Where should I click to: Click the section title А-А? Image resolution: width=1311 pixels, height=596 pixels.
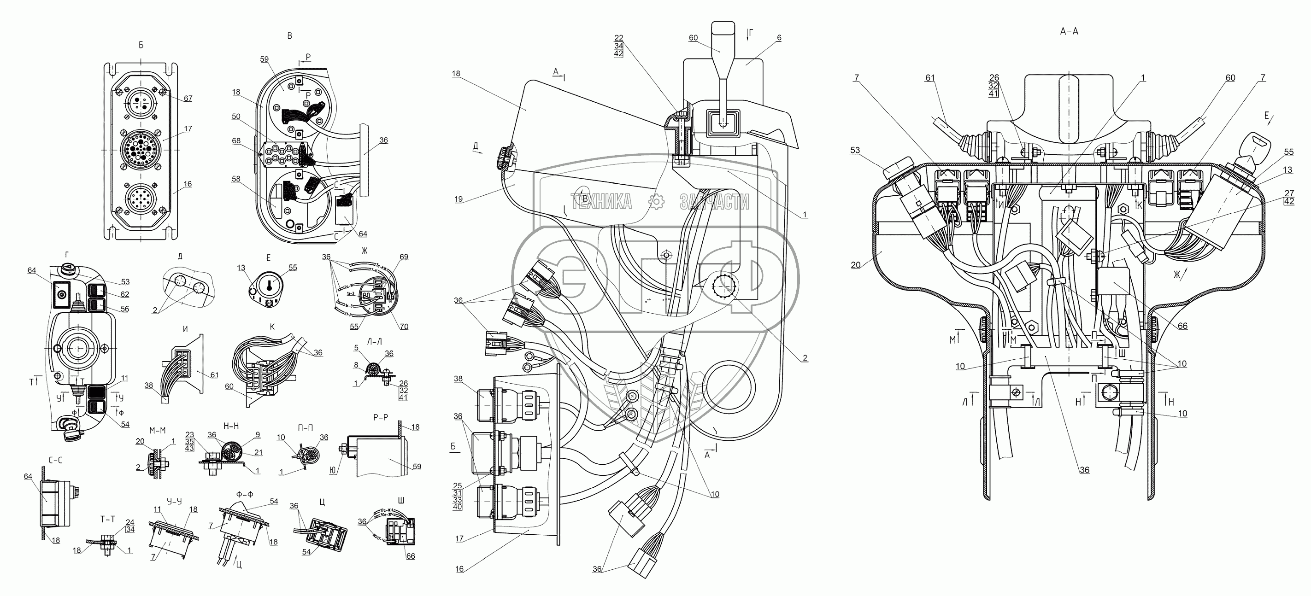pos(1069,31)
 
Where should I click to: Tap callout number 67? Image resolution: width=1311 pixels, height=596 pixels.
pos(188,98)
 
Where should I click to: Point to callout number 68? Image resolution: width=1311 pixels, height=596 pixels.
pos(235,141)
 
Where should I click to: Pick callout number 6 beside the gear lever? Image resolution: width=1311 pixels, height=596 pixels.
pos(779,38)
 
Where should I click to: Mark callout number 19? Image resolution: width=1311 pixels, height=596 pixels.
pos(459,199)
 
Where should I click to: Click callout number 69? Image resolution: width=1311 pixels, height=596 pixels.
pos(404,257)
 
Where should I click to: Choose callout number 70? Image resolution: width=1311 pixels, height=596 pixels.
pos(404,327)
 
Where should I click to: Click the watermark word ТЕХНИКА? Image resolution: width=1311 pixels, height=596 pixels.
pos(601,202)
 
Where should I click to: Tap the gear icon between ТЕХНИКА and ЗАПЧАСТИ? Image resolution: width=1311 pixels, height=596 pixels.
pos(658,202)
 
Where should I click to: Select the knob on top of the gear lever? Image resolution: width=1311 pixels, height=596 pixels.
pos(723,36)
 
